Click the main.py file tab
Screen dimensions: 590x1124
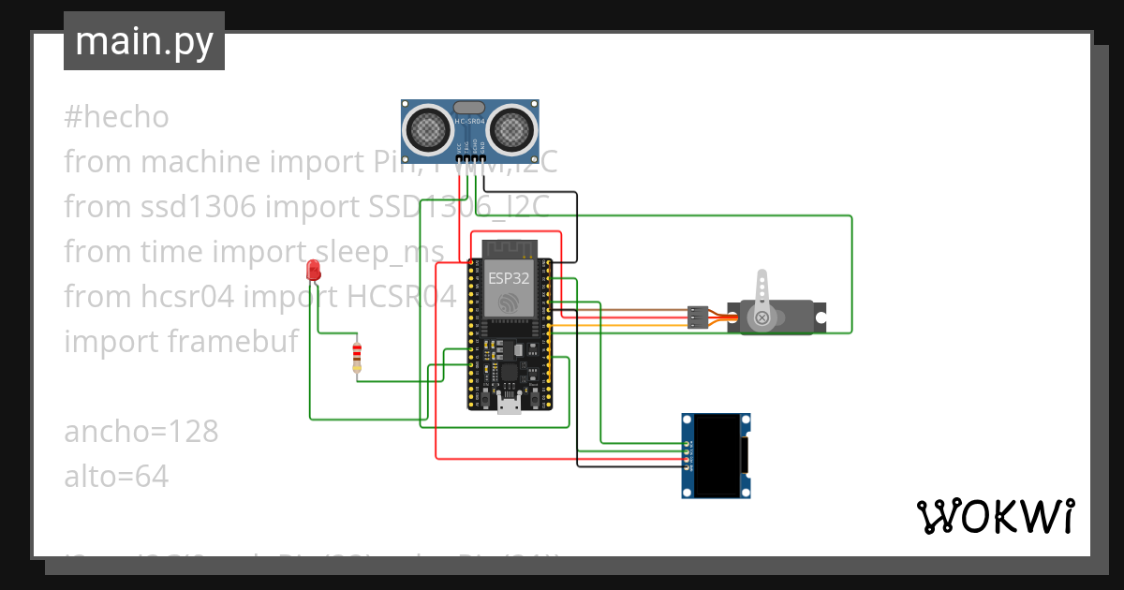pos(143,41)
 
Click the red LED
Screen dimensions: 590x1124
pos(314,272)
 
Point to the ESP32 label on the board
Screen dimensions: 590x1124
pos(510,278)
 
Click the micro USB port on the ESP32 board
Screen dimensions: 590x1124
pos(510,405)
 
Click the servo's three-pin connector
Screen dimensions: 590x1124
pos(696,317)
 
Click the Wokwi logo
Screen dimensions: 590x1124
pos(995,516)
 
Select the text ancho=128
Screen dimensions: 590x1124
pos(140,432)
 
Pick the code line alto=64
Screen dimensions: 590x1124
pos(116,477)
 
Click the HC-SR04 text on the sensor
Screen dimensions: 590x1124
pos(470,122)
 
